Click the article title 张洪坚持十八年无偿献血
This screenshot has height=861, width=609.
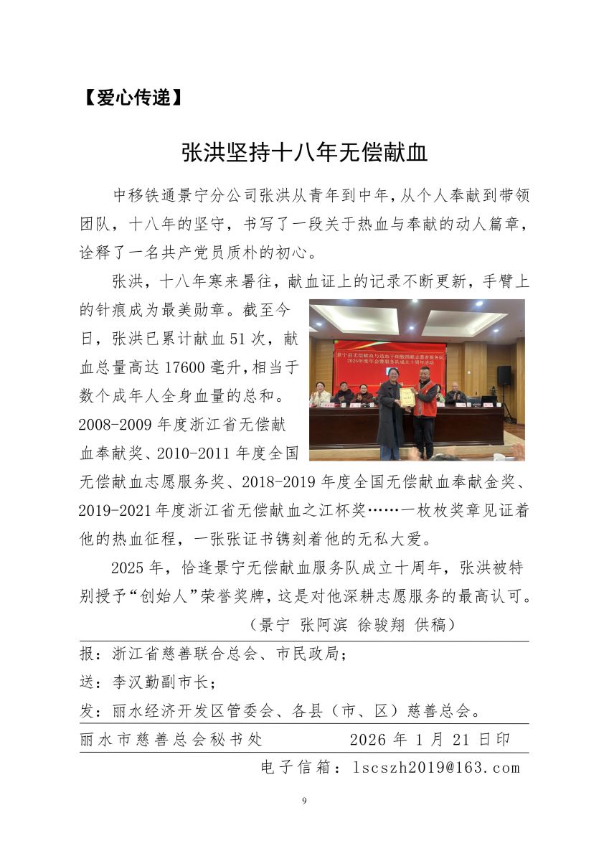[304, 153]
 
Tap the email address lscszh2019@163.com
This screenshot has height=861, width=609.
[436, 768]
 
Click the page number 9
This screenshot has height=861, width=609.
[304, 801]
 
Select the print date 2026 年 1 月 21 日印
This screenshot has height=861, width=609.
[430, 739]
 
